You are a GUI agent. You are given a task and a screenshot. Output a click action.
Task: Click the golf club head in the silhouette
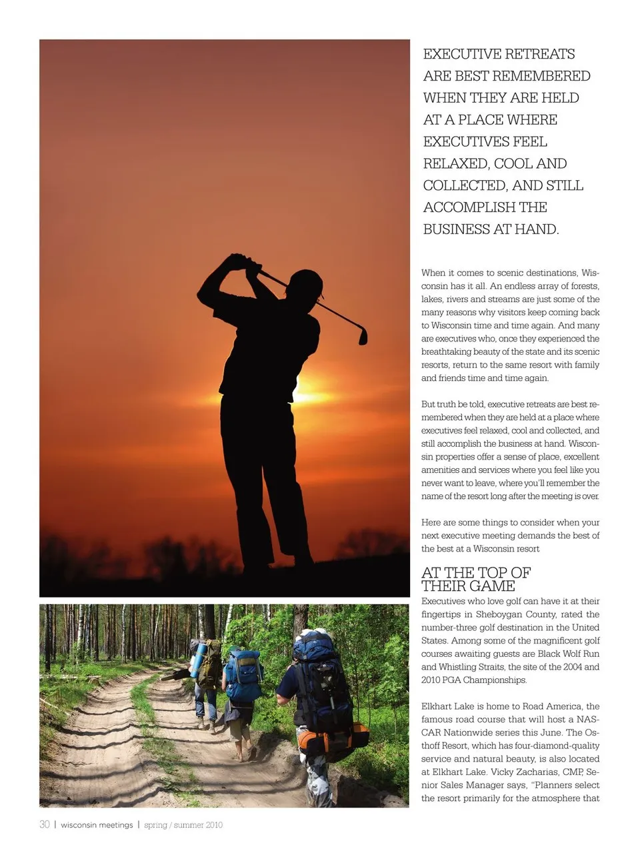pos(363,335)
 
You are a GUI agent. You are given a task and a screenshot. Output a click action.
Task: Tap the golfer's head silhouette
pos(307,286)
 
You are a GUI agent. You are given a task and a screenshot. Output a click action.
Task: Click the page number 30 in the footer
pos(45,825)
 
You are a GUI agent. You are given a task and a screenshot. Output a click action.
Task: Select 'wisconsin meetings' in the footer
pos(97,825)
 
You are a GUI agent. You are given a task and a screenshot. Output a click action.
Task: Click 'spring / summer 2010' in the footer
pos(183,825)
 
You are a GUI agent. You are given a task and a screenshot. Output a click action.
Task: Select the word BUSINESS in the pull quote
pos(457,229)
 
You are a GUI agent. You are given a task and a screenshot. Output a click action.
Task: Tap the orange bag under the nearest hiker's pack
pos(333,738)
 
